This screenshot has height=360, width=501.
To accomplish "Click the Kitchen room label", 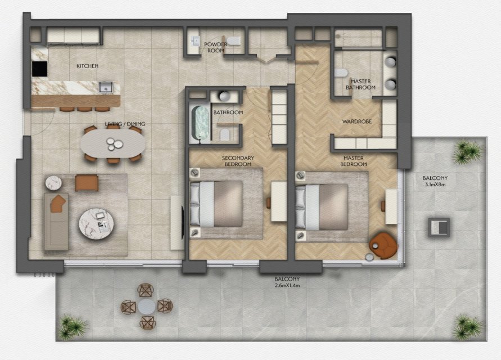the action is pos(87,66).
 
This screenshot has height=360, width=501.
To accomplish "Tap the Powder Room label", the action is pos(216,47).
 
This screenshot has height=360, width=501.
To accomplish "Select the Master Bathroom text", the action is pos(361,84).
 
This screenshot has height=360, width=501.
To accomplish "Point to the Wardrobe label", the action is pos(357,121).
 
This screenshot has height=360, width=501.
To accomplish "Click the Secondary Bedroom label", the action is pos(238,161).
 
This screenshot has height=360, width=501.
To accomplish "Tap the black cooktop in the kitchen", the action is pos(39,69).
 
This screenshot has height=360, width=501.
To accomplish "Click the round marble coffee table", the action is pos(96,224).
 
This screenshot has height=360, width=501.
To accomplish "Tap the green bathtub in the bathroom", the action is pos(201,123).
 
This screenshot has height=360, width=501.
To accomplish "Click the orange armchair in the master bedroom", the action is pos(383,245).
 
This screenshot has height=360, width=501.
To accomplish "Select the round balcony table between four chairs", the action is pos(147,307).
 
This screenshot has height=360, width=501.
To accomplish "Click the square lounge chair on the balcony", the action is pos(439,228).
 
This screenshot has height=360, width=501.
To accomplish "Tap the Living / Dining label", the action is pos(125,124).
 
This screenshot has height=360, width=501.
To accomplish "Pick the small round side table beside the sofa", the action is pos(53,183).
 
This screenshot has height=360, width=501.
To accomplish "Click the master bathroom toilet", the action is pos(341,73).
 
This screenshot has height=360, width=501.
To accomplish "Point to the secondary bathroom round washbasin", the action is pos(224,96).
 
